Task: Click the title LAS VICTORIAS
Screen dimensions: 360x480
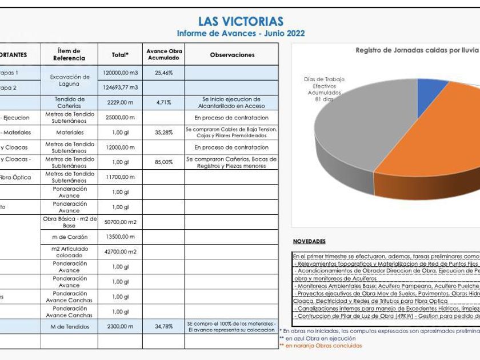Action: click(241, 22)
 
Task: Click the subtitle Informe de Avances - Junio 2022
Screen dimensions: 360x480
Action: click(241, 34)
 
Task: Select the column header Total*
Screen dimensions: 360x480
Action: click(120, 55)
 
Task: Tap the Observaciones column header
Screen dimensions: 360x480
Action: click(232, 55)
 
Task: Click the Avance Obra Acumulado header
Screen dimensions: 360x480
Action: click(163, 55)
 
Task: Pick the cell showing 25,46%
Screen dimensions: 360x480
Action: click(163, 73)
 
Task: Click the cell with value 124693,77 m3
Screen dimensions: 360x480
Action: click(120, 87)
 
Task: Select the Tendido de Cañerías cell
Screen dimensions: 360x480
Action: click(69, 102)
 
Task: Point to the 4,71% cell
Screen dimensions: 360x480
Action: click(163, 102)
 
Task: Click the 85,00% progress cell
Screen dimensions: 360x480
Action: click(163, 162)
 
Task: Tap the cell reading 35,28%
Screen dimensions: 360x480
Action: click(163, 133)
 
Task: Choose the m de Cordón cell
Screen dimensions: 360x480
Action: click(69, 237)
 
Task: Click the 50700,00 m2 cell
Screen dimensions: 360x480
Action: click(120, 222)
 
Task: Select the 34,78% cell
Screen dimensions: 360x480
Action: click(163, 326)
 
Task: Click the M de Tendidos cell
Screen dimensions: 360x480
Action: click(69, 326)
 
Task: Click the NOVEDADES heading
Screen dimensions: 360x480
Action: click(309, 242)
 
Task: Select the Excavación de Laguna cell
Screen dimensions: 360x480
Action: click(69, 80)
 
